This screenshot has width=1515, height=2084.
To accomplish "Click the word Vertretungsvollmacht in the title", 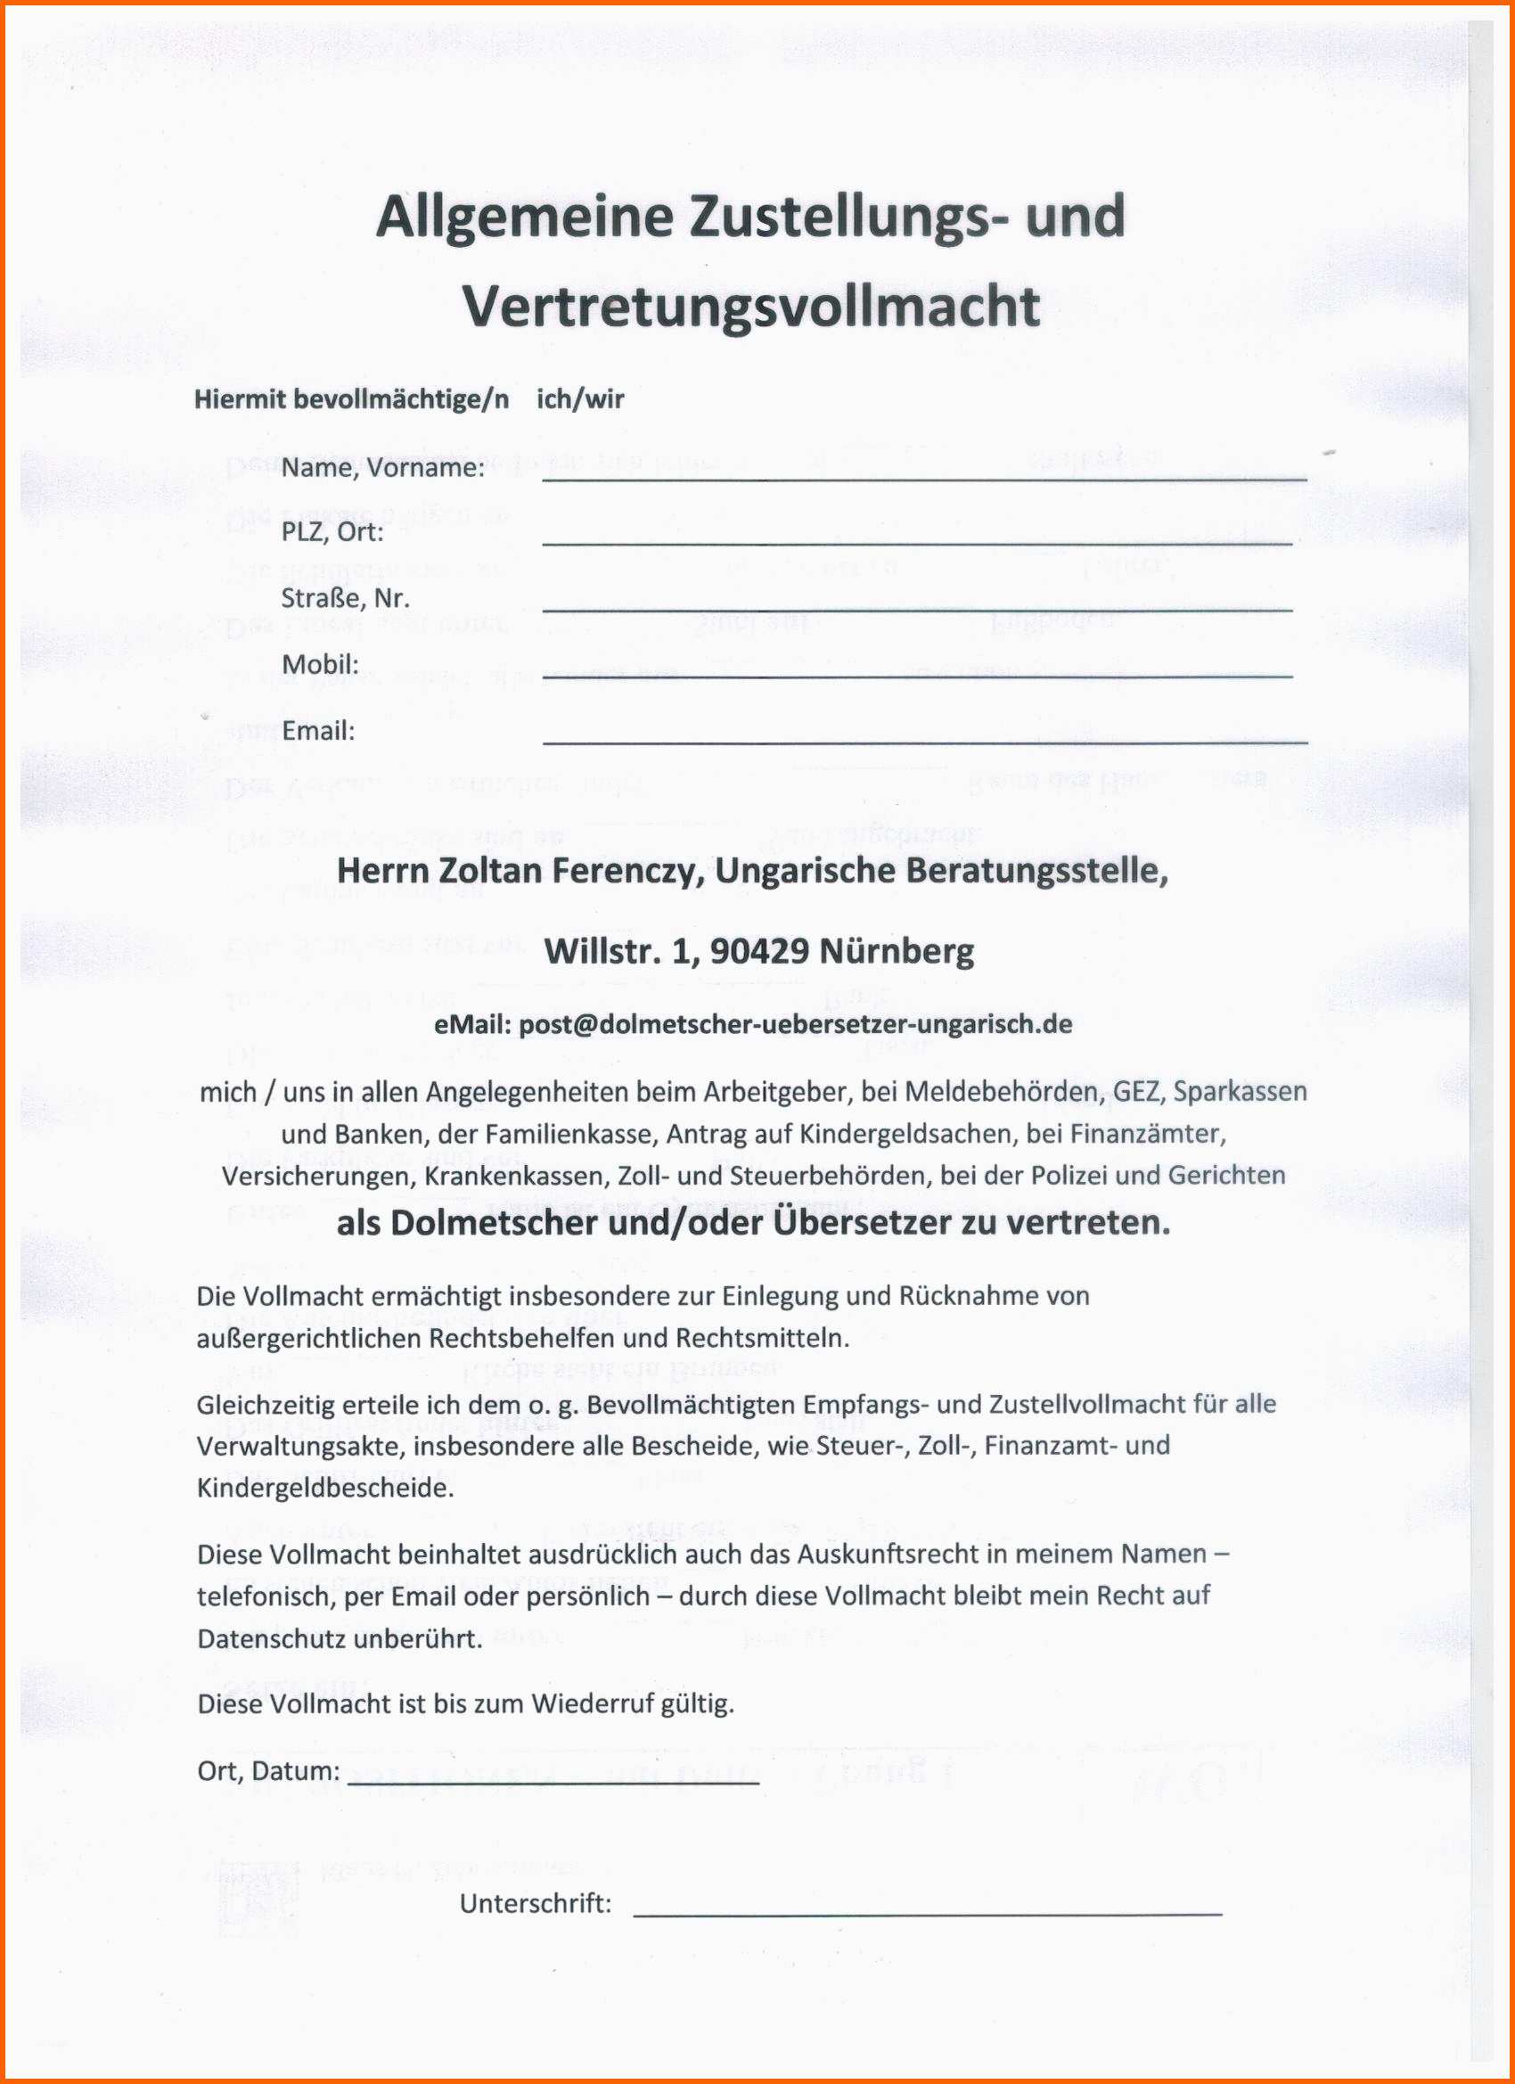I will click(x=750, y=306).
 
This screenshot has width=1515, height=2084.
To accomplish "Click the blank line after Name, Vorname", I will click(x=923, y=477).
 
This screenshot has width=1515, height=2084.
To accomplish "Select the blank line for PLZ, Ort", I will click(x=917, y=542).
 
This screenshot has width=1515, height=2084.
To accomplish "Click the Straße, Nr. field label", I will click(x=345, y=598).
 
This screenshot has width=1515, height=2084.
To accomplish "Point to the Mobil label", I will click(x=320, y=664).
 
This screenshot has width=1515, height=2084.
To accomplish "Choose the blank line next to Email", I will click(x=923, y=740).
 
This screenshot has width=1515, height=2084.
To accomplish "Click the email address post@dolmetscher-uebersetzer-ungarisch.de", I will click(x=796, y=1023).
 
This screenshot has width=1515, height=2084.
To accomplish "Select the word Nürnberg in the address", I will click(x=896, y=951).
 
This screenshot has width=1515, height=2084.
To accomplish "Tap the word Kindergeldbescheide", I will click(x=325, y=1488).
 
